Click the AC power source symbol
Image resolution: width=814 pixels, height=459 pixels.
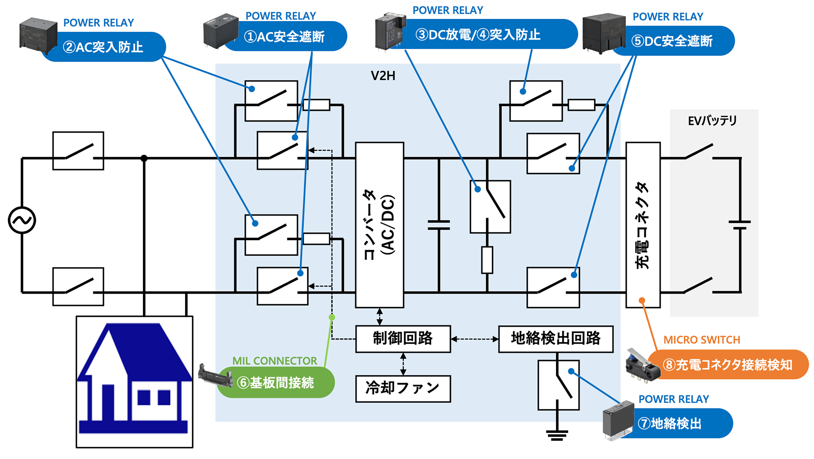(x=22, y=220)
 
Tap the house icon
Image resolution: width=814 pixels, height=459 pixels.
(x=134, y=381)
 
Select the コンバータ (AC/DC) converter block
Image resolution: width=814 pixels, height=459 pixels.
(x=379, y=225)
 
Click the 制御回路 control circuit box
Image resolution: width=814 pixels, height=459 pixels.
(x=403, y=338)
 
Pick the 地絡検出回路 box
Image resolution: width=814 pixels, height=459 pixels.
(x=556, y=338)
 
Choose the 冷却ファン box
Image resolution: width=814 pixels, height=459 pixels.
(x=403, y=389)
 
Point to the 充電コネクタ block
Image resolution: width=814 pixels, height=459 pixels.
(x=643, y=225)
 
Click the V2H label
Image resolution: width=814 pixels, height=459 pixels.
(x=383, y=76)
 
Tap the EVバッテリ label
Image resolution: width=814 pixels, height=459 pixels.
(x=712, y=121)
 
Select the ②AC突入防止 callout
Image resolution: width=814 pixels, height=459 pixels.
(x=104, y=47)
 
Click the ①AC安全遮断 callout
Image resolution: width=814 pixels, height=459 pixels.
(x=285, y=37)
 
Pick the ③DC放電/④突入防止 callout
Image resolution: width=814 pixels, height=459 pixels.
(x=478, y=35)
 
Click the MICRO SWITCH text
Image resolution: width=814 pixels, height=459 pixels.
(x=702, y=340)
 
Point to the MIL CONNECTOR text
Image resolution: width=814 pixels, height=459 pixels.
(x=274, y=361)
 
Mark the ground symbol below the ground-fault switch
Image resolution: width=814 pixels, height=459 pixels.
(x=557, y=435)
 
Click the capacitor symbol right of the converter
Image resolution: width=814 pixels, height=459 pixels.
(x=439, y=225)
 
